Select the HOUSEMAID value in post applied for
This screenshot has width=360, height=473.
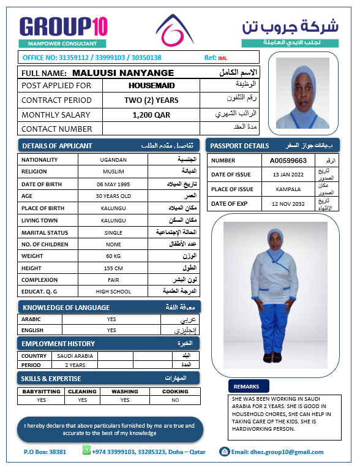pos(151,86)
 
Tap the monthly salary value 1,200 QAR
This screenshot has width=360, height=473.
pos(151,115)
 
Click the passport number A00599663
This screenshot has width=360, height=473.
pos(288,160)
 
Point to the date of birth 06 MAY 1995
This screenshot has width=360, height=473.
pos(113,184)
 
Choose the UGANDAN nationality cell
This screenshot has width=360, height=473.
pos(113,159)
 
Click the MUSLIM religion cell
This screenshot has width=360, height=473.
pos(113,172)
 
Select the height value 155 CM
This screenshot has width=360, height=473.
pos(113,268)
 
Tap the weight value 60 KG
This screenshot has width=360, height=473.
pos(113,255)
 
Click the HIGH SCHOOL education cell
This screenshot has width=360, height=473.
pos(113,292)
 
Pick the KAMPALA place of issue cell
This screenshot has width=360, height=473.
pos(288,189)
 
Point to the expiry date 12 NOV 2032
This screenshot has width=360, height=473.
pos(288,203)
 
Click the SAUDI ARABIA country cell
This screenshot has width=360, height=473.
pos(75,356)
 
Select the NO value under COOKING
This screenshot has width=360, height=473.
pos(176,400)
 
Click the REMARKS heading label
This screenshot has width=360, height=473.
pos(246,387)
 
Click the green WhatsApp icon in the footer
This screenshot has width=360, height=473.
pos(86,451)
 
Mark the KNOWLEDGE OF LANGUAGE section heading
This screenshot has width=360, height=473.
pos(66,307)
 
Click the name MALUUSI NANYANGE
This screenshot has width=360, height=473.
pos(123,72)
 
